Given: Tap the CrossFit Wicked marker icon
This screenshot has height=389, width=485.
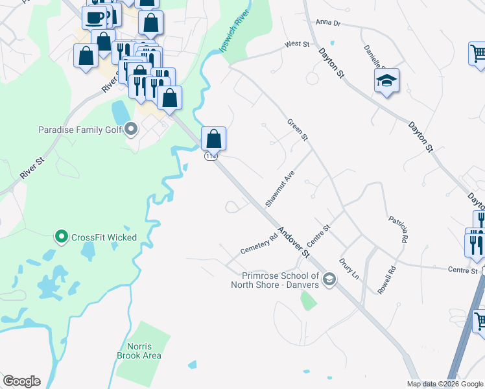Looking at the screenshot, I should (62, 237).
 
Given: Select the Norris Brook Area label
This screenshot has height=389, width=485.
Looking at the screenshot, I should (134, 351).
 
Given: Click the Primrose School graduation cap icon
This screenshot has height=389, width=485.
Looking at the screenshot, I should (329, 280).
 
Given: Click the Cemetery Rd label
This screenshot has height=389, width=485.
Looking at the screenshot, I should (259, 243).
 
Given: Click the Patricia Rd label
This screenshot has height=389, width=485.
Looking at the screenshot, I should (398, 229).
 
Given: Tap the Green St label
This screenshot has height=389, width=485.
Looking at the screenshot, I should (298, 130).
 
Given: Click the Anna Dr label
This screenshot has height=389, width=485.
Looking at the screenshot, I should (327, 22).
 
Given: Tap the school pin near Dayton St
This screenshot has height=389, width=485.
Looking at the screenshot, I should (386, 80).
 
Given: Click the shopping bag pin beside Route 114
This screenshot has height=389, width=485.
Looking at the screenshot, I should (213, 138).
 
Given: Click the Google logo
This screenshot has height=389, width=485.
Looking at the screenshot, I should (21, 381).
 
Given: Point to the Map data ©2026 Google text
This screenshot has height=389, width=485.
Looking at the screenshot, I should (444, 384).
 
